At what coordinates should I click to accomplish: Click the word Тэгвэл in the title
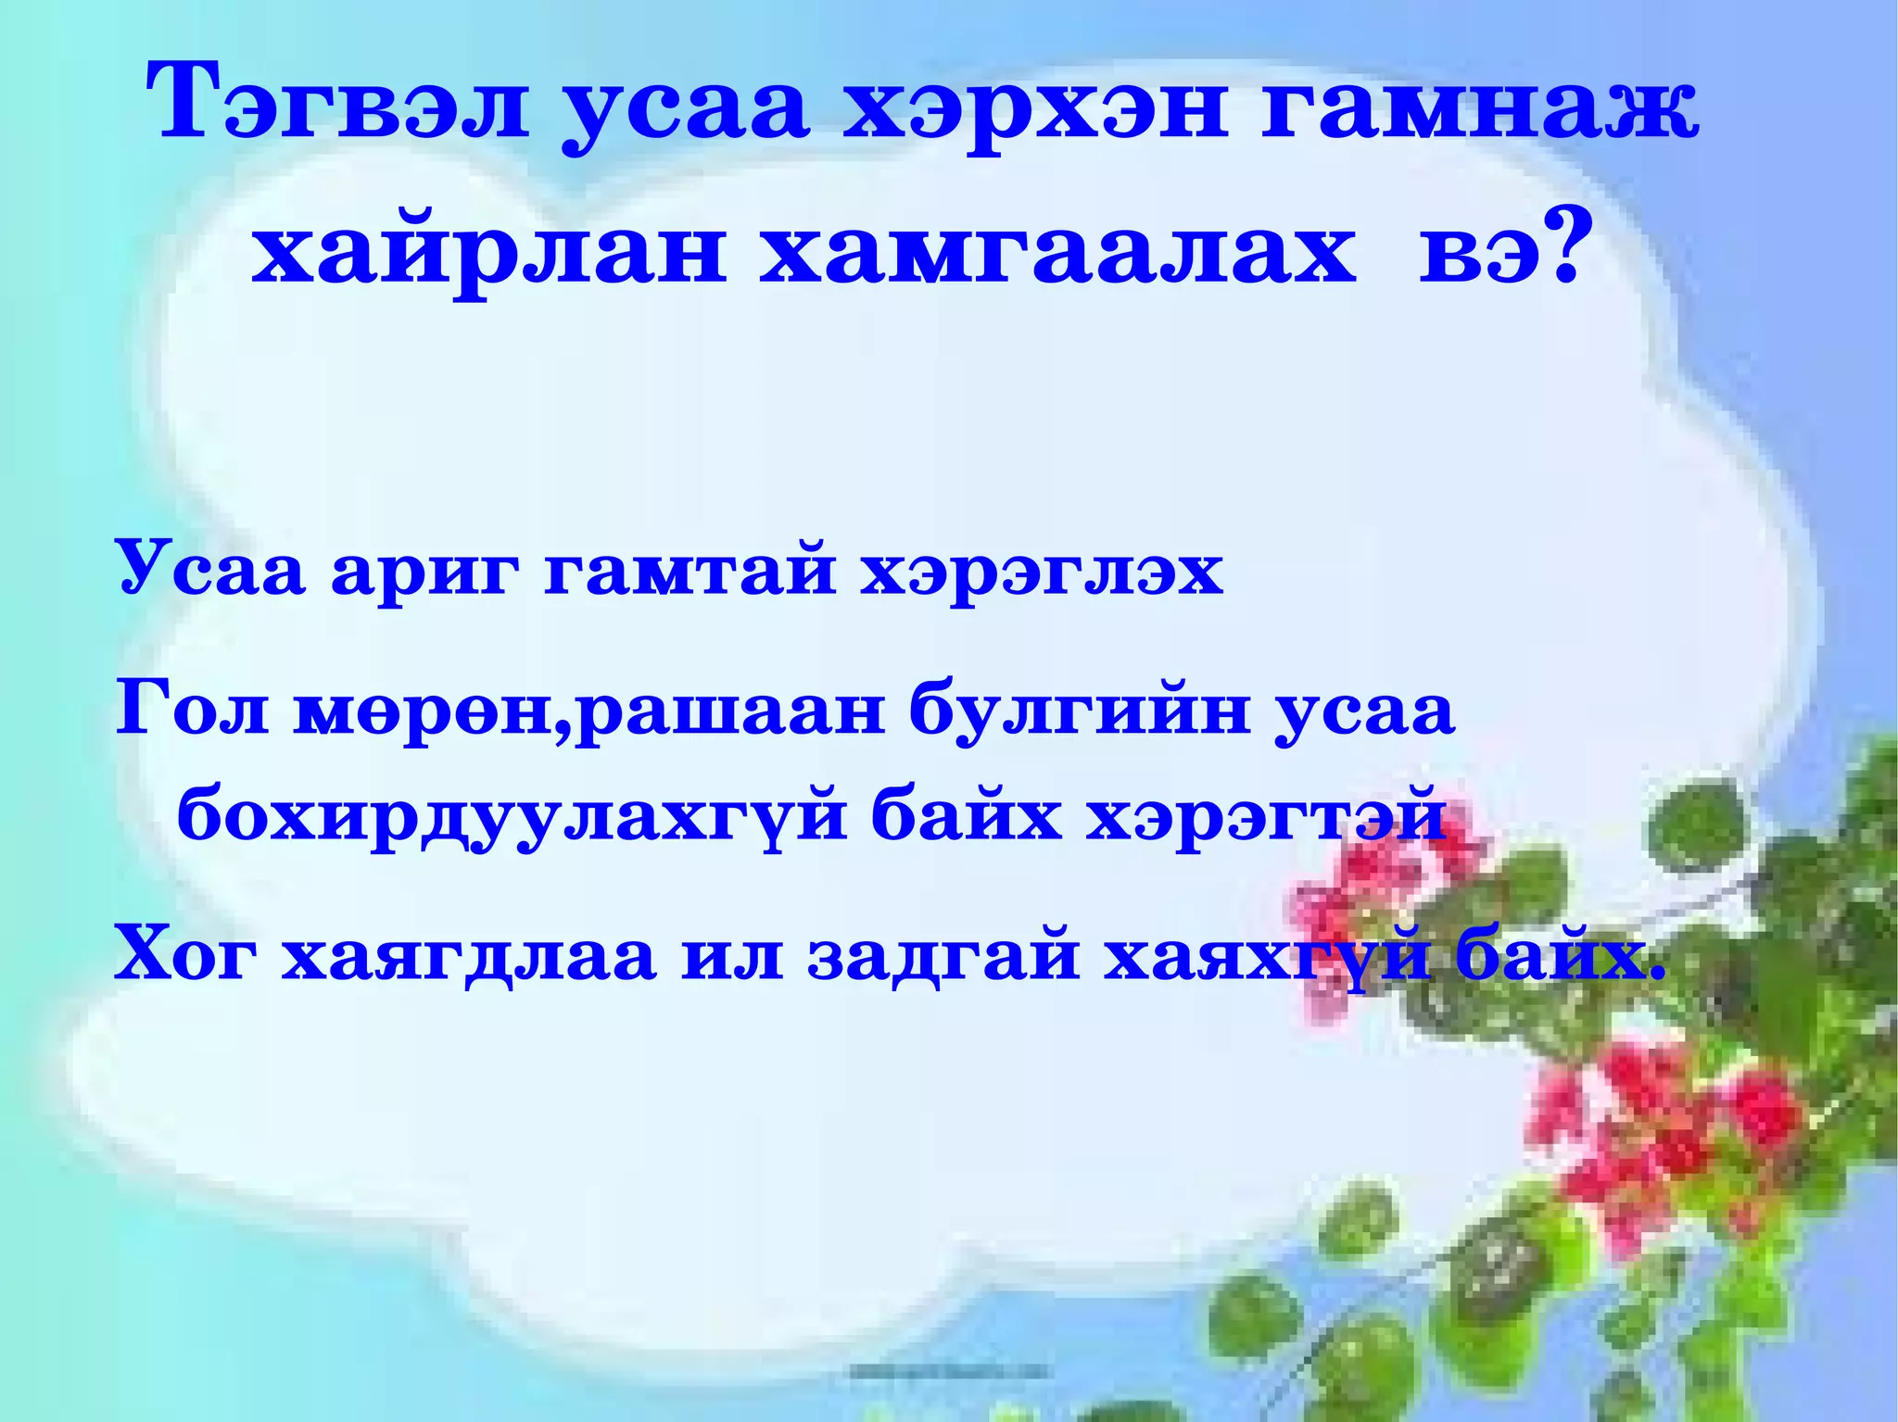pyautogui.click(x=338, y=105)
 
